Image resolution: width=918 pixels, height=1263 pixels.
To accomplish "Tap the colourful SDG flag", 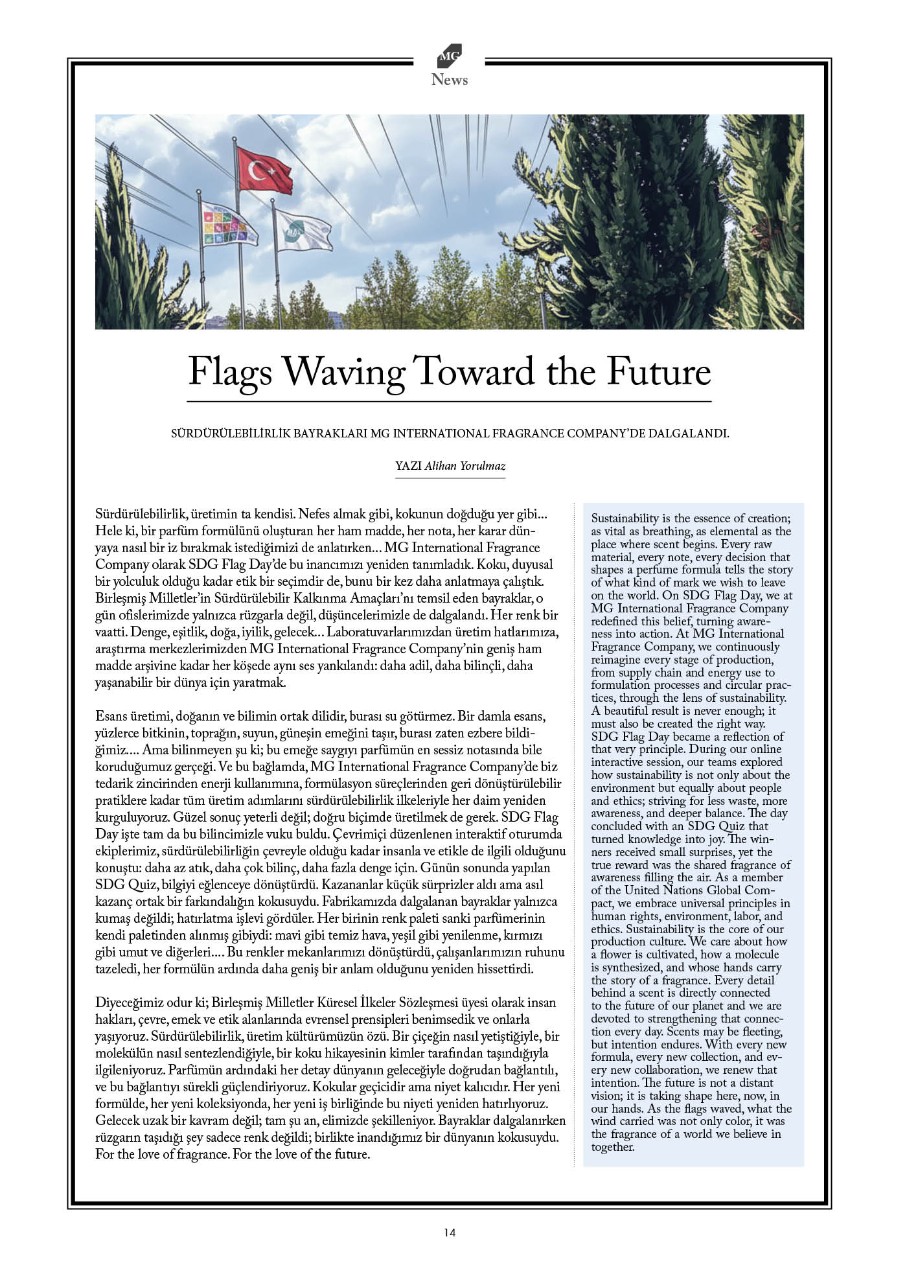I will [228, 223].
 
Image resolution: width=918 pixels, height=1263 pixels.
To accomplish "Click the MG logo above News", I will [449, 57].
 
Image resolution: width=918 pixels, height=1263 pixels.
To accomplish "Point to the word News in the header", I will [450, 80].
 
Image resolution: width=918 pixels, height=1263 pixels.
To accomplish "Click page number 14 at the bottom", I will [450, 1233].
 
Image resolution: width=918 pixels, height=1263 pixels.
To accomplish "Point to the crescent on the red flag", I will [258, 171].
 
